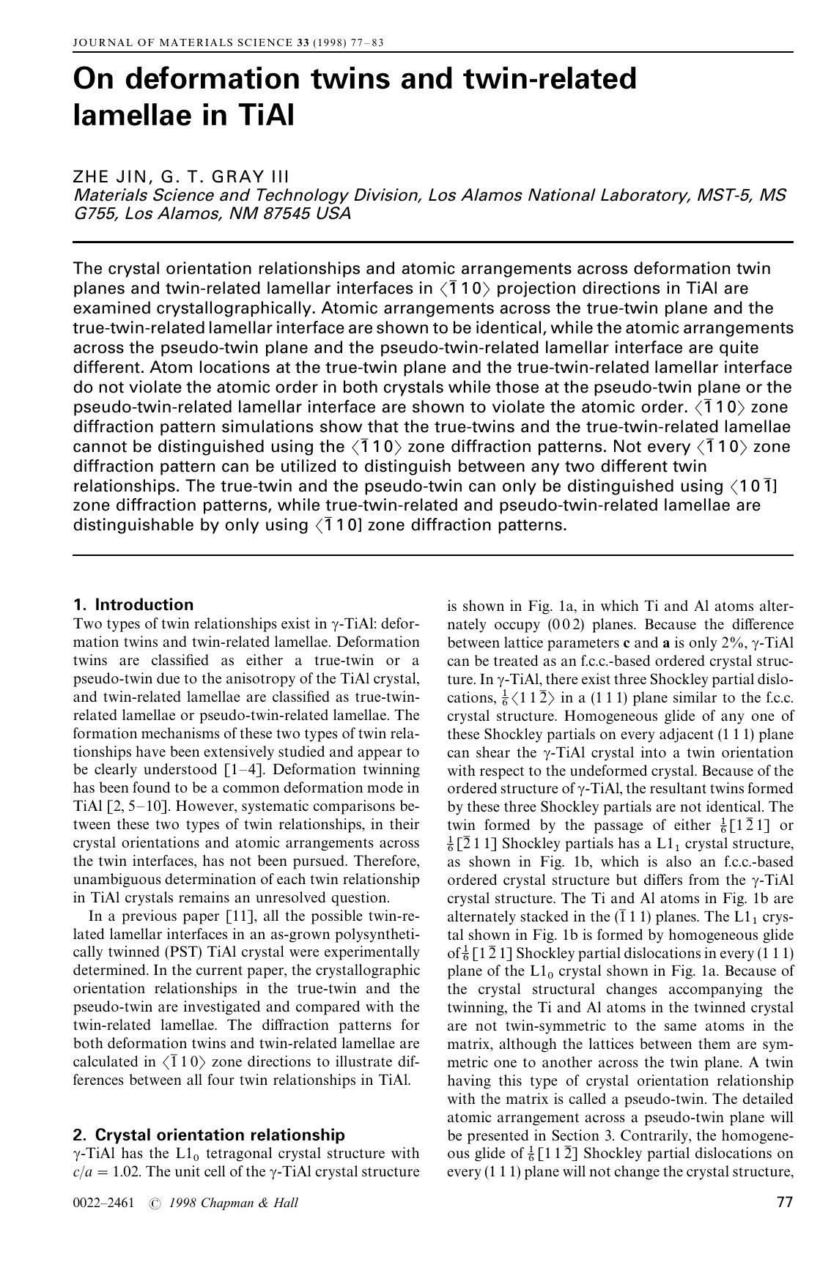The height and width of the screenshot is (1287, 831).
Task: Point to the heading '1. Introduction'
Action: click(x=133, y=604)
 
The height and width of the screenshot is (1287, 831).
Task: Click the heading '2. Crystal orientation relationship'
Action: click(x=209, y=1135)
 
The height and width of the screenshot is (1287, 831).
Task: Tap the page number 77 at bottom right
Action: click(x=783, y=1201)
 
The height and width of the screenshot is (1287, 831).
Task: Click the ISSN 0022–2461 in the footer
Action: click(x=103, y=1203)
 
